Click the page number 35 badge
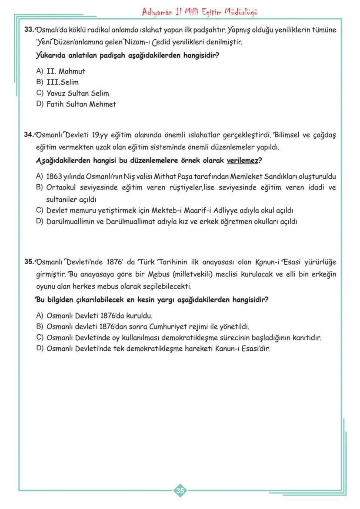point(180,491)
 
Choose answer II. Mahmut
point(66,71)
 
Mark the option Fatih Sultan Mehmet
point(81,104)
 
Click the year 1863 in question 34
point(55,177)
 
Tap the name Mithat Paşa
point(179,177)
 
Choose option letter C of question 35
point(40,338)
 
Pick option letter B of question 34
point(40,188)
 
